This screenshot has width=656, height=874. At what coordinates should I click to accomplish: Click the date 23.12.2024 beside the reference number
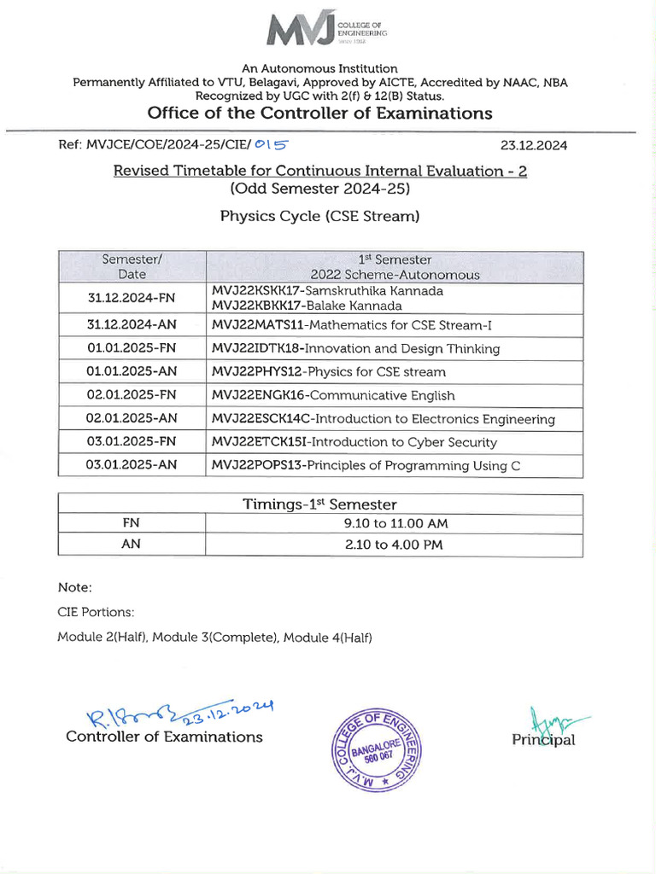(533, 145)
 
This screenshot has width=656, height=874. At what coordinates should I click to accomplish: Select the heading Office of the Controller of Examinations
(320, 114)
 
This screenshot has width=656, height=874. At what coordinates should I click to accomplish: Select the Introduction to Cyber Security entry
(401, 442)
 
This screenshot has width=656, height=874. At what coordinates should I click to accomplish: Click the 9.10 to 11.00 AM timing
(393, 523)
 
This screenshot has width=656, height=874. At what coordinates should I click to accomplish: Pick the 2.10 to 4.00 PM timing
(393, 545)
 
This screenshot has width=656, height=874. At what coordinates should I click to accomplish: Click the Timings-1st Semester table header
(319, 504)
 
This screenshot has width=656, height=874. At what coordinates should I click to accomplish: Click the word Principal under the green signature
(543, 740)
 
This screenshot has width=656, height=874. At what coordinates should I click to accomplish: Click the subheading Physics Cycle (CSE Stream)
(319, 216)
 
